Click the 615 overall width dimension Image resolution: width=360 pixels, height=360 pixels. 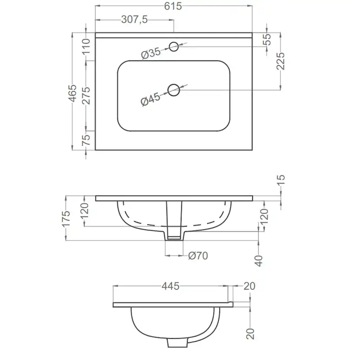[173, 6]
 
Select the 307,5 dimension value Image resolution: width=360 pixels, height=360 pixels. [134, 20]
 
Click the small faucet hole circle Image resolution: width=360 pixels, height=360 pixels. [174, 47]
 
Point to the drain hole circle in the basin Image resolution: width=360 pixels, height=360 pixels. [174, 90]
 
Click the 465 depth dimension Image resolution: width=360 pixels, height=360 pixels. [73, 93]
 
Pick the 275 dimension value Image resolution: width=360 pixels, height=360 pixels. [87, 96]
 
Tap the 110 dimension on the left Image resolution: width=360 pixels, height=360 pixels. [87, 47]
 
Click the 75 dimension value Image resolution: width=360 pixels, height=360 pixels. [86, 140]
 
